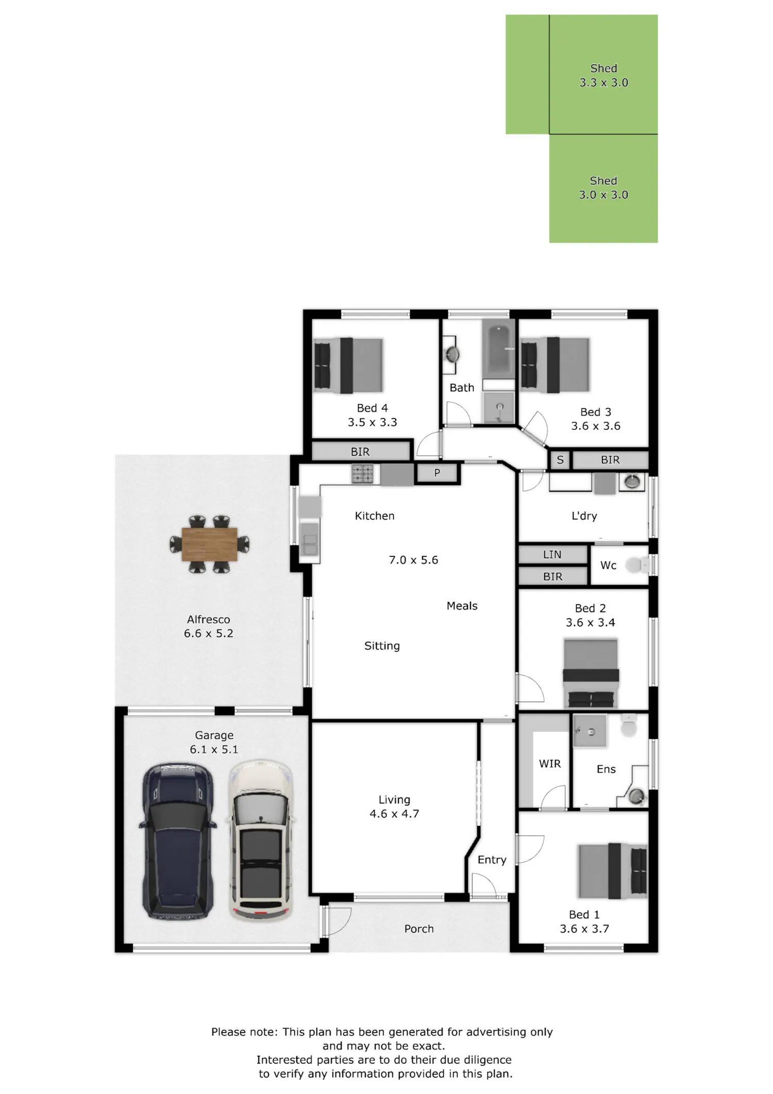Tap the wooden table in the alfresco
[x=210, y=544]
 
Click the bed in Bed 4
[x=348, y=365]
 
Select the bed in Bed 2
[x=591, y=673]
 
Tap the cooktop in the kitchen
[x=362, y=474]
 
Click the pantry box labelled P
[x=437, y=473]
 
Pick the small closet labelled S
[x=560, y=460]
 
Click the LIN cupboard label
[x=552, y=554]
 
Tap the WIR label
[x=549, y=764]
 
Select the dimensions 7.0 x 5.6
[x=413, y=560]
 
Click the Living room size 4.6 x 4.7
[x=394, y=814]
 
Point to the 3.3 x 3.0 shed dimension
[x=603, y=82]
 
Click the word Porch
[x=419, y=929]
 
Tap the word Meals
[x=462, y=606]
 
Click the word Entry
[x=492, y=859]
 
